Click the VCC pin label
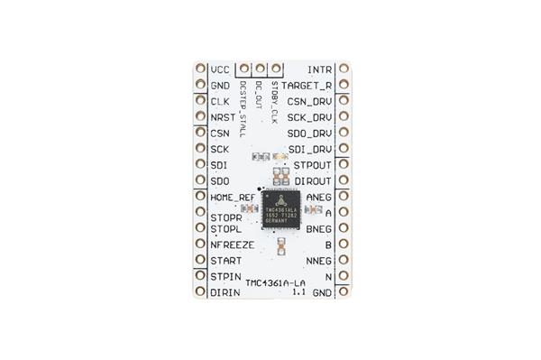[219, 69]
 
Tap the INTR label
[319, 69]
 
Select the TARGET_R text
[307, 86]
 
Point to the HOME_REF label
[232, 197]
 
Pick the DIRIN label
[224, 292]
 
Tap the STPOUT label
[313, 165]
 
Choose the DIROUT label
[313, 180]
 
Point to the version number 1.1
[298, 293]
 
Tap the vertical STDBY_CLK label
[274, 101]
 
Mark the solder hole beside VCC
[200, 69]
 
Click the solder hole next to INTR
[343, 69]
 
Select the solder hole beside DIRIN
[200, 292]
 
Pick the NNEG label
[319, 261]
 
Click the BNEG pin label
[319, 229]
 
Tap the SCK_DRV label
[310, 117]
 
